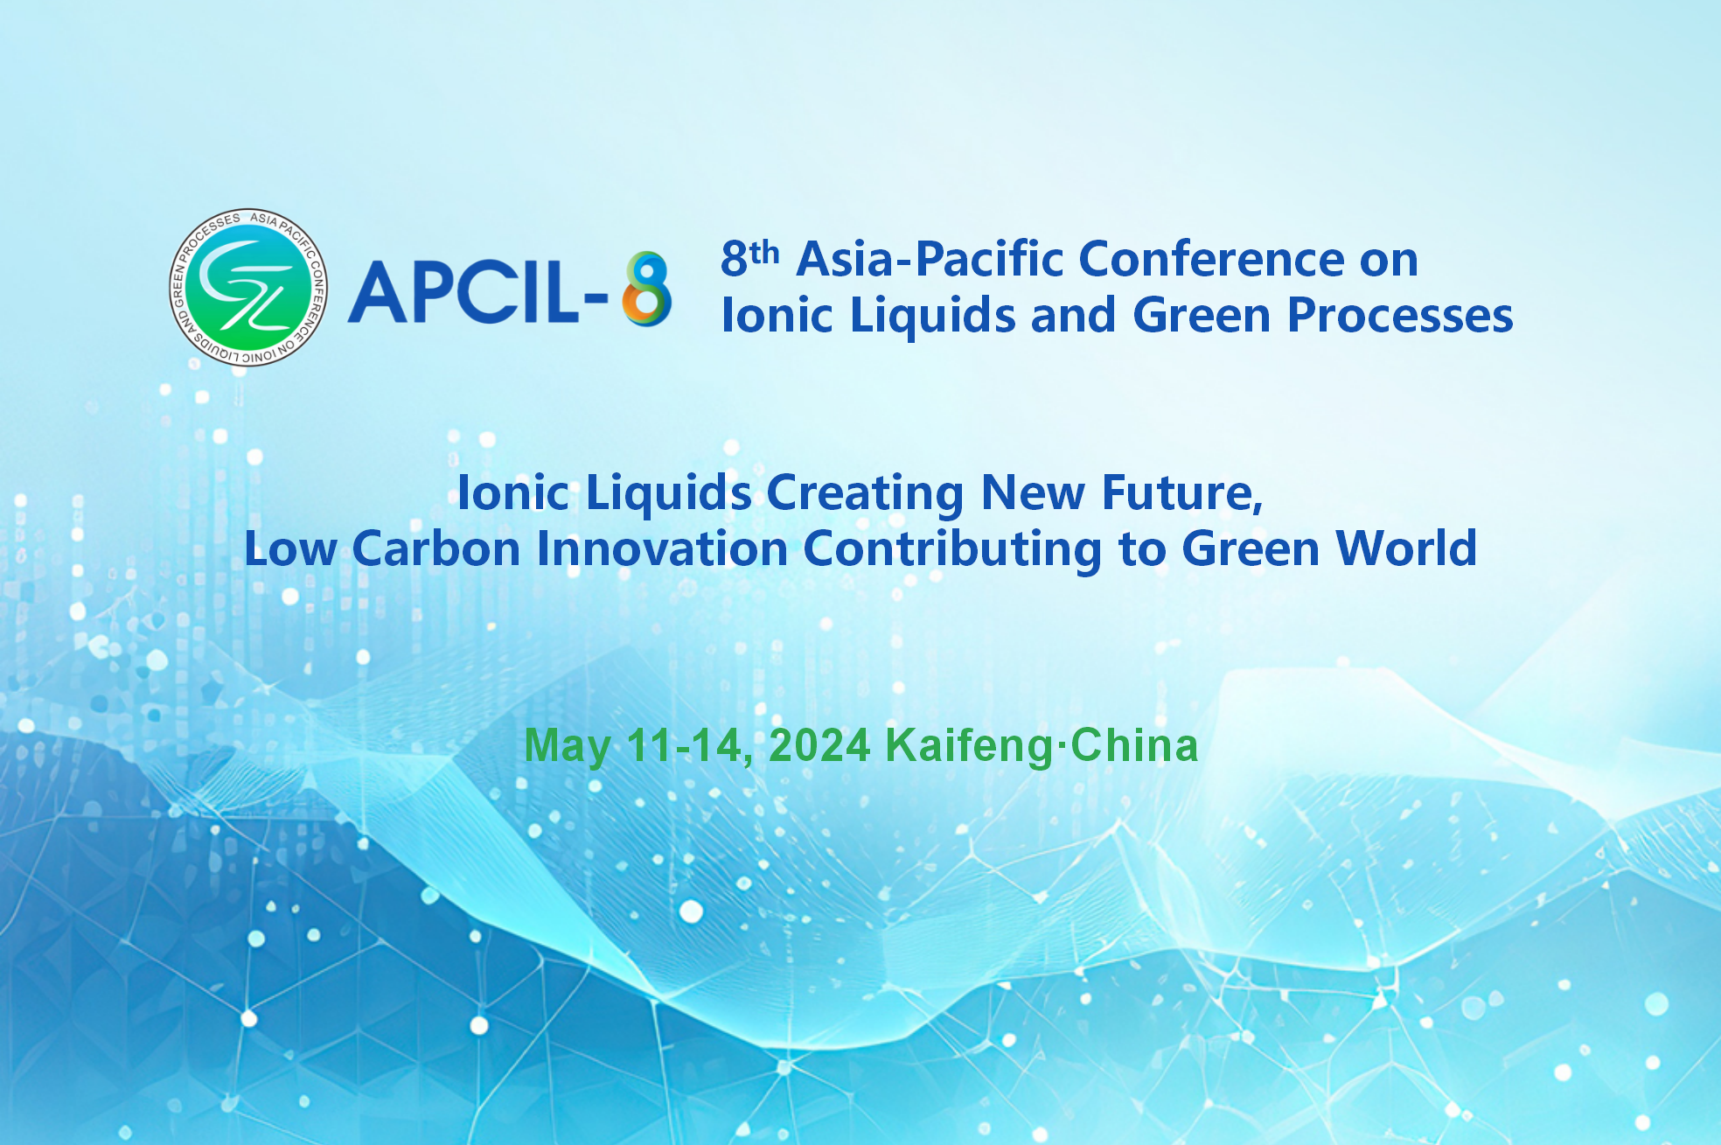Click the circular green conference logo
[248, 287]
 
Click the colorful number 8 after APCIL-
[647, 289]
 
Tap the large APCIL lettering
[463, 292]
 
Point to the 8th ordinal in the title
[750, 259]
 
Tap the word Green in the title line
[1202, 315]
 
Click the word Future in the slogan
[1182, 492]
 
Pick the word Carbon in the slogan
[436, 549]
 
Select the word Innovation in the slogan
[662, 549]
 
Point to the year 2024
[819, 745]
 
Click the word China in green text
[1134, 745]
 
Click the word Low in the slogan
[290, 549]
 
